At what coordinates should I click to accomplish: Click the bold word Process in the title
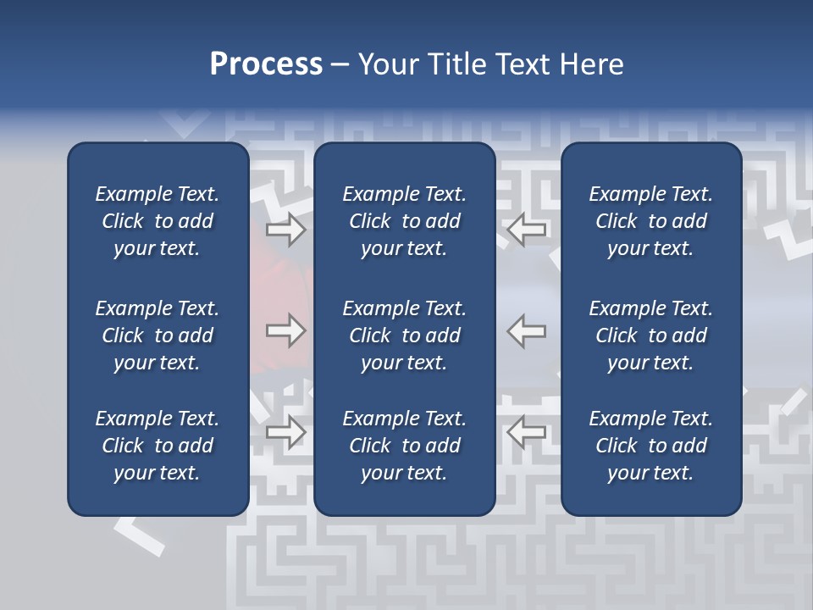click(266, 64)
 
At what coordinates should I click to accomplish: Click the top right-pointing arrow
click(285, 230)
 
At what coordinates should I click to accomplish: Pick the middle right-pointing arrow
click(285, 330)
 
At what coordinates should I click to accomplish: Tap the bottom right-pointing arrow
click(285, 432)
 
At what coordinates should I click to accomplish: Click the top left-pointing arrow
click(527, 230)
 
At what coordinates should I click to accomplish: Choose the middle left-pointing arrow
click(527, 330)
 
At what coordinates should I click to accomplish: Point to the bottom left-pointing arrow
click(527, 432)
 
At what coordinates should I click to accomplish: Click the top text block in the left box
click(158, 221)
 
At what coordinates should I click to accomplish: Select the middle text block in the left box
click(158, 335)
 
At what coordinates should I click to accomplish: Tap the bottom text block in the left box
click(158, 446)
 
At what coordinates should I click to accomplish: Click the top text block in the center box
click(404, 221)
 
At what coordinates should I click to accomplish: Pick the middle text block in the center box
click(404, 335)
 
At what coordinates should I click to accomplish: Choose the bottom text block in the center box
click(404, 446)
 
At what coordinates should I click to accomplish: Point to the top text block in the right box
click(650, 221)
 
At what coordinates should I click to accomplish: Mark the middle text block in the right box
click(650, 335)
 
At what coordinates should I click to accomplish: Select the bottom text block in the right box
click(650, 446)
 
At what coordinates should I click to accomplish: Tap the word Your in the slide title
click(390, 64)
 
